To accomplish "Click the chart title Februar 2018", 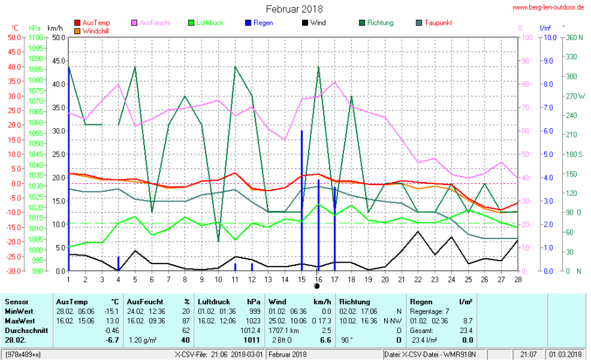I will coord(294,9).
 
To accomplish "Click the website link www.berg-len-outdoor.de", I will coord(548,8).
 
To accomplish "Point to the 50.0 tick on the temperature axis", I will coord(14,37).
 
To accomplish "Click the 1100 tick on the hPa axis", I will coord(36,37).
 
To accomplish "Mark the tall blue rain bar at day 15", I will coord(301,197).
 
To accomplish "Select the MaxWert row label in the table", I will coord(17,320).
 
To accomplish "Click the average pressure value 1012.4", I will coord(251,330).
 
